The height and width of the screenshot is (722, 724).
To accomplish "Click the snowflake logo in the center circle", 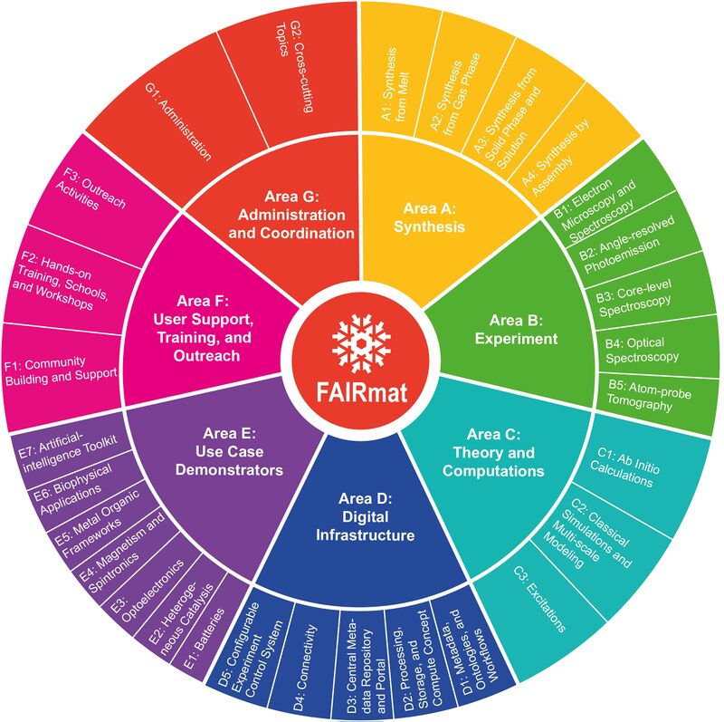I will click(x=361, y=341).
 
